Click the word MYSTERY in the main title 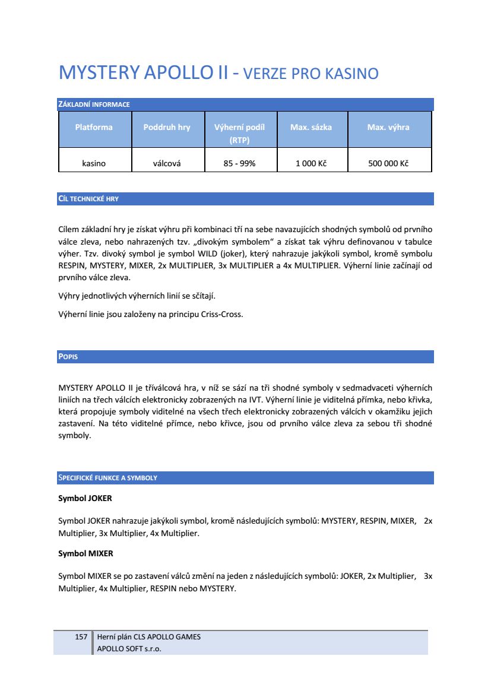(x=97, y=74)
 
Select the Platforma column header (x=94, y=127)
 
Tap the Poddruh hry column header (x=167, y=127)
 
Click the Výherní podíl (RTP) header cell (x=239, y=134)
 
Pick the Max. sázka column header (x=311, y=127)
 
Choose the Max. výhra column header (x=388, y=127)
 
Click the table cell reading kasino (x=94, y=163)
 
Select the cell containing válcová (x=167, y=163)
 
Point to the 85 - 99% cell (x=239, y=163)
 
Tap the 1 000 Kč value (x=311, y=163)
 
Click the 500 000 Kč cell (x=388, y=163)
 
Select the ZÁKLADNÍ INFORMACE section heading (x=94, y=105)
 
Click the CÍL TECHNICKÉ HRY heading (x=88, y=199)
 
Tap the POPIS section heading (x=68, y=357)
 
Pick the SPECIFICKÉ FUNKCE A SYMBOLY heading (x=107, y=478)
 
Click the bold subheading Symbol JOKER (x=85, y=498)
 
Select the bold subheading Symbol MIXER (x=85, y=553)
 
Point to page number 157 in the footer (x=81, y=637)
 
